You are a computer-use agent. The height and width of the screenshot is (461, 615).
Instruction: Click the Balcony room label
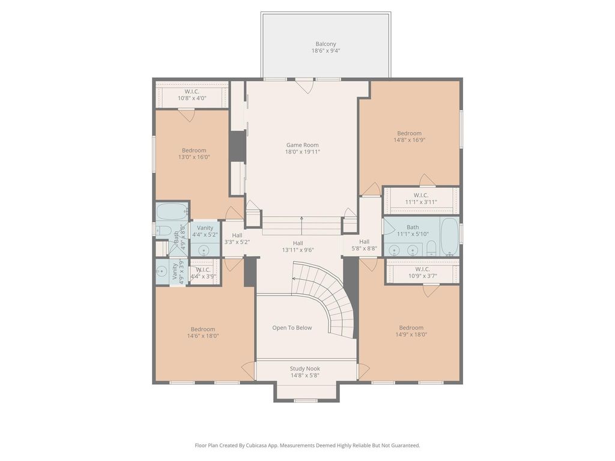click(326, 44)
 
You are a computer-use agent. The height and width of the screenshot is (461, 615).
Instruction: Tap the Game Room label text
click(303, 145)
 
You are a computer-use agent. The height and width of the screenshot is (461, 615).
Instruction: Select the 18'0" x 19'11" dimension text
click(303, 152)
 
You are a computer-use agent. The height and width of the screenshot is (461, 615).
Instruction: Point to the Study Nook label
click(304, 369)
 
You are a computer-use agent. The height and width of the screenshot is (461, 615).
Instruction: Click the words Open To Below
click(292, 328)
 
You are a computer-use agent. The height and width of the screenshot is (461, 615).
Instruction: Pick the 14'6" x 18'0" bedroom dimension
click(203, 336)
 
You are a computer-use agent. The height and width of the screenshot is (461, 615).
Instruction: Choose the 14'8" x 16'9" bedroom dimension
click(410, 140)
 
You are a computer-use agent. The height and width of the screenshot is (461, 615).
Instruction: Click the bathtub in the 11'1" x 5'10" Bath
click(449, 237)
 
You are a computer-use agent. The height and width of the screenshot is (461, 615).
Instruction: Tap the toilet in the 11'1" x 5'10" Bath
click(431, 249)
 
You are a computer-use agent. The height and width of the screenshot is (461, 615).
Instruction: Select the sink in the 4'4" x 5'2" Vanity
click(204, 250)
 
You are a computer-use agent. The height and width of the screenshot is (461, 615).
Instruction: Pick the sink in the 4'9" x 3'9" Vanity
click(161, 270)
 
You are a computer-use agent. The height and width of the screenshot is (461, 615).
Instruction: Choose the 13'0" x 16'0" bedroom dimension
click(194, 157)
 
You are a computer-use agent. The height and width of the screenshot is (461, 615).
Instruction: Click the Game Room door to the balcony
click(304, 86)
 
